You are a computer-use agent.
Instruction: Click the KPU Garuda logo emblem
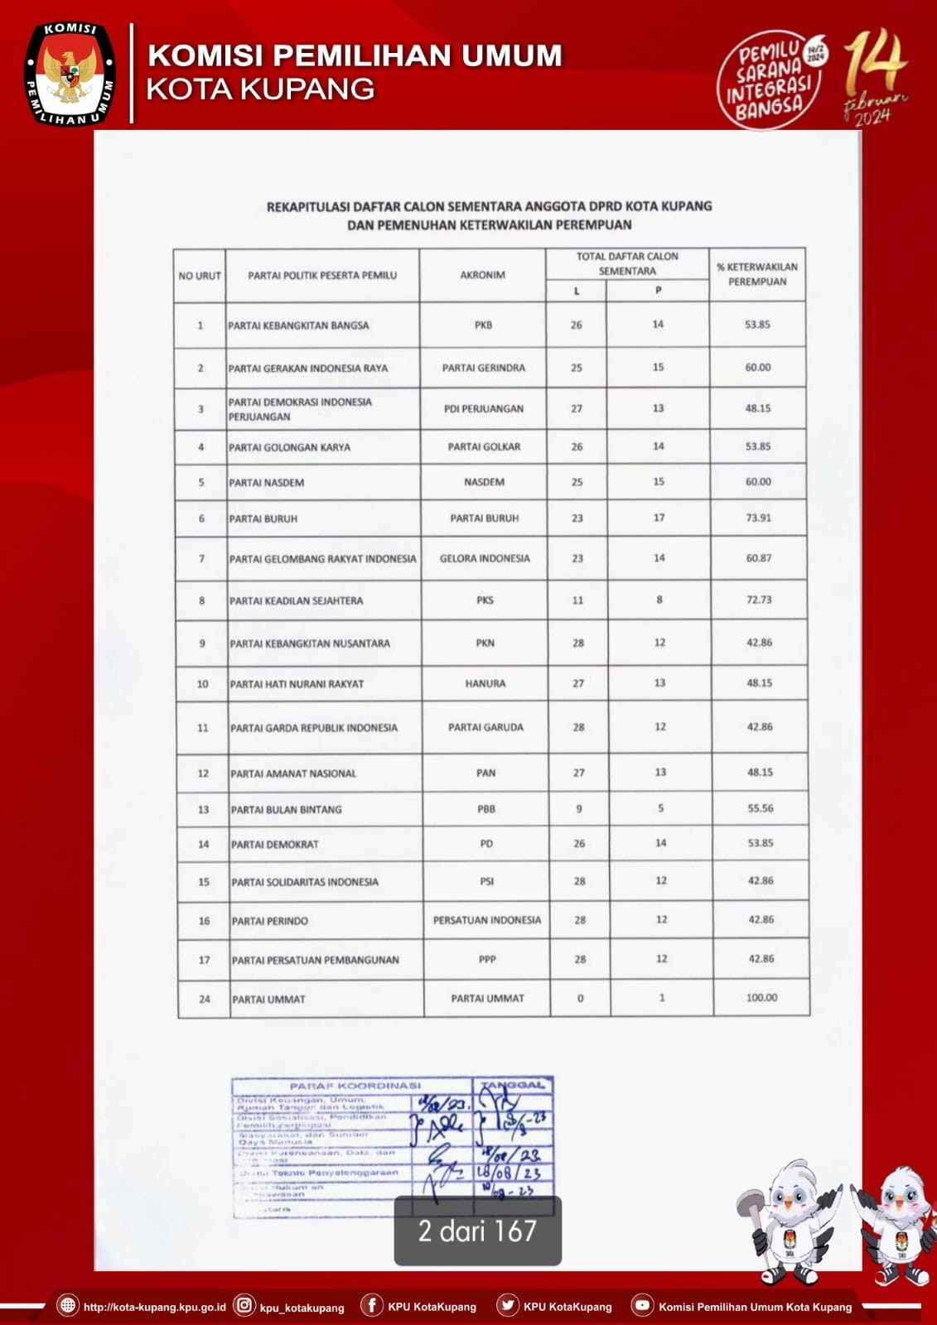coord(70,75)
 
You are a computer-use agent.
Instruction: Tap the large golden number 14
coord(875,63)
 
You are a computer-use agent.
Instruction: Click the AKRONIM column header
coord(483,275)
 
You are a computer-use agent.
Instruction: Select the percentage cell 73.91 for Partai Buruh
coord(758,518)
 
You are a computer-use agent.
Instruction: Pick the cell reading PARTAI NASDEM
coord(267,483)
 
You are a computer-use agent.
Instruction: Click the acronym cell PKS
coord(485,600)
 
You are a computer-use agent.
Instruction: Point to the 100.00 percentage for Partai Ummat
coord(761,998)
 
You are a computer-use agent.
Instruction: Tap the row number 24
coord(205,1000)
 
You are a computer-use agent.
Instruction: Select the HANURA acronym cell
coord(485,684)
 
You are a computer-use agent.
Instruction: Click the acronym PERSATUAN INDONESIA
coord(486,920)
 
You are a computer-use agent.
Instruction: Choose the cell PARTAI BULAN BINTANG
coord(286,810)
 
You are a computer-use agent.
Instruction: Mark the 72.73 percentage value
coord(759,600)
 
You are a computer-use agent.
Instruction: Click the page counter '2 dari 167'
coord(477,1231)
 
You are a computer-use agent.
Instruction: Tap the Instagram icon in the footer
coord(244,1306)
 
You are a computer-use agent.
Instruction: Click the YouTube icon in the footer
coord(641,1306)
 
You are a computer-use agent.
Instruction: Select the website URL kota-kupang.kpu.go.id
coord(154,1308)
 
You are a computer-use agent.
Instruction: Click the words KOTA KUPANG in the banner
coord(260,89)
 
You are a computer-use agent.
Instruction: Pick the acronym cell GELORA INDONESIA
coord(485,559)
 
